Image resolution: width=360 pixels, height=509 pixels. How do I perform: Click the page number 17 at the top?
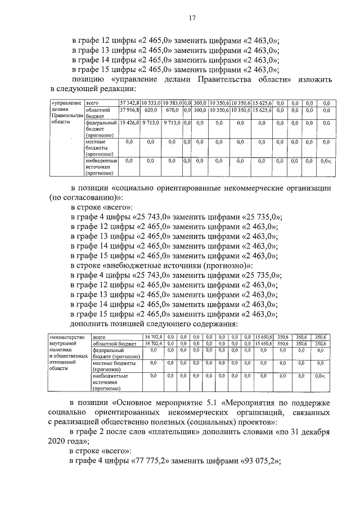pyautogui.click(x=192, y=18)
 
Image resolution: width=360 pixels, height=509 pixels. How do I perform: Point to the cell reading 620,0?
pyautogui.click(x=150, y=111)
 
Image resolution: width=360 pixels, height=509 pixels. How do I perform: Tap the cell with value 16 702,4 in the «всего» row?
pyautogui.click(x=154, y=336)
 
